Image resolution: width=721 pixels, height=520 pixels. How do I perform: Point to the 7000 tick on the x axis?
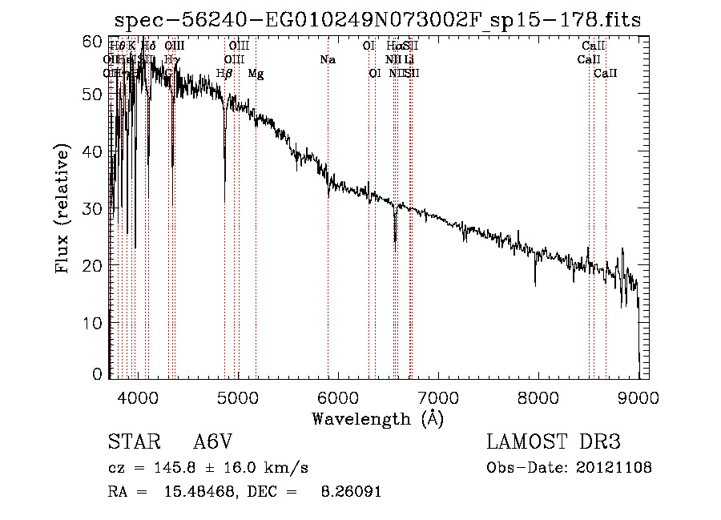[x=437, y=397]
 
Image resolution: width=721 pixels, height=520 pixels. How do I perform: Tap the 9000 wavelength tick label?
[x=638, y=397]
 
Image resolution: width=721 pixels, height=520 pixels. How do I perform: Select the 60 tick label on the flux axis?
[x=94, y=41]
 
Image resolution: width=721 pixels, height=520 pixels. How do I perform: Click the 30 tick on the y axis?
[x=94, y=208]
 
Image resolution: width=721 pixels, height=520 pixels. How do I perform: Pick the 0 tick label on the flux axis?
[x=98, y=374]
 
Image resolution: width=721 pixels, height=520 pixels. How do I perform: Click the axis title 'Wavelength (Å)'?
[x=377, y=418]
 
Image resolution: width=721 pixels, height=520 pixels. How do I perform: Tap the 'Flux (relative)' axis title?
[x=64, y=208]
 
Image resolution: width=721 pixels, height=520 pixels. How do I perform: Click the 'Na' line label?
[x=327, y=59]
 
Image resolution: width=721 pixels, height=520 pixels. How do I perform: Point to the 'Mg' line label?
[x=256, y=74]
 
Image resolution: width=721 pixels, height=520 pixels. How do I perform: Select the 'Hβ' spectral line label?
[x=224, y=74]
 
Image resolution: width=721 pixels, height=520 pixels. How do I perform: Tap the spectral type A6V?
[x=215, y=442]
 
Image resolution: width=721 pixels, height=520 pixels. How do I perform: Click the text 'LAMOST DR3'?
[x=554, y=442]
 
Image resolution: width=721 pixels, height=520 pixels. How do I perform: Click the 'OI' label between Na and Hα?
[x=369, y=46]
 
